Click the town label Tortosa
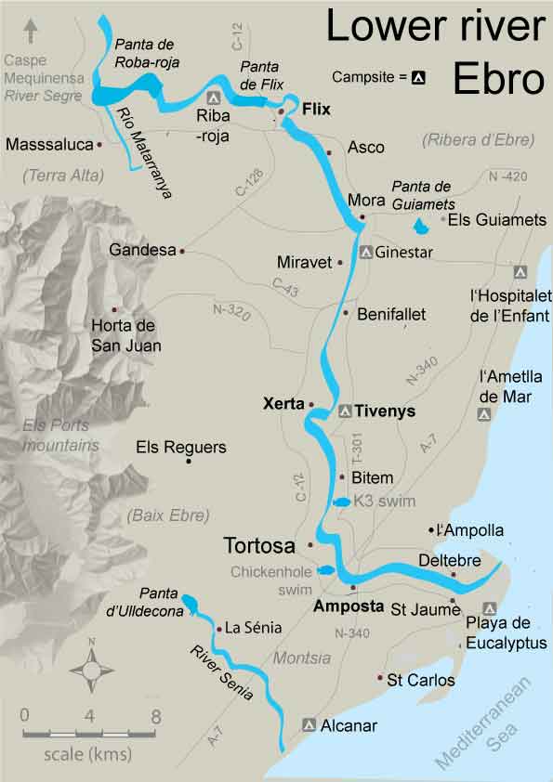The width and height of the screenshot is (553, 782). (x=261, y=543)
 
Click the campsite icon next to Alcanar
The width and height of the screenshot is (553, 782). (x=309, y=723)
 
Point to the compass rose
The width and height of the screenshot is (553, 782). (x=91, y=668)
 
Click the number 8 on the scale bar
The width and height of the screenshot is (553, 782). (x=155, y=716)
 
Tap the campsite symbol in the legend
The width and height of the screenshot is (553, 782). (x=418, y=78)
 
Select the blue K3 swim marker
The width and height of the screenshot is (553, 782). (x=341, y=502)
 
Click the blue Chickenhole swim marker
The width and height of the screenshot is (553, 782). (x=325, y=570)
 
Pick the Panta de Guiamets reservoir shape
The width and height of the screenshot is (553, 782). (x=421, y=225)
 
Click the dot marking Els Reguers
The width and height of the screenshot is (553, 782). (x=189, y=462)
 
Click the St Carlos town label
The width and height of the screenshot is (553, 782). (x=421, y=681)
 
